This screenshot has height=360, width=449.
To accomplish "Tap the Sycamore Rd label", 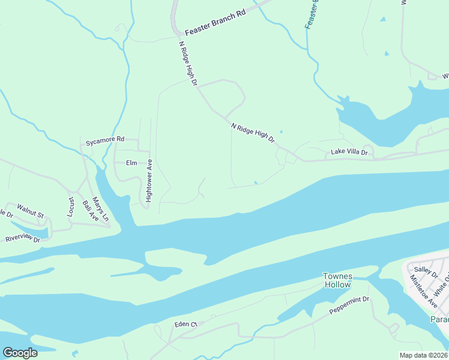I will coord(104,142).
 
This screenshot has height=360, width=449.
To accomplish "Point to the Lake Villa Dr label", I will coord(349,152).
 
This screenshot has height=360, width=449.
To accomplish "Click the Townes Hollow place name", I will coord(337,280).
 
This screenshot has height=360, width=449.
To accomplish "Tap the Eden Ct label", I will coord(185,324).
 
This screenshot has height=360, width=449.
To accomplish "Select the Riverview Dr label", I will coord(22,239).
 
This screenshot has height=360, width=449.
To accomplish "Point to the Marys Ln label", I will coord(101,206).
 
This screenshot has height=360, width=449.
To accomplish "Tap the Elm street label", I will coord(131,163).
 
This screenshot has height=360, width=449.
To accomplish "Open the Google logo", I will coord(20,352).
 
